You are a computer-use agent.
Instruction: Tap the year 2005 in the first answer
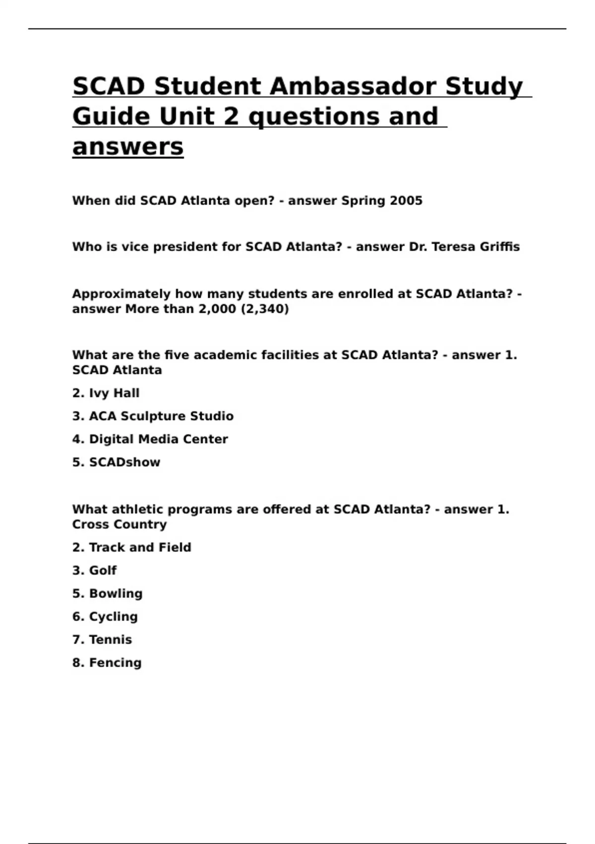click(x=406, y=201)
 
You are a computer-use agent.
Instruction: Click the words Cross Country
click(x=119, y=524)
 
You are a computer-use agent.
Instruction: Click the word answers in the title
click(x=128, y=146)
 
